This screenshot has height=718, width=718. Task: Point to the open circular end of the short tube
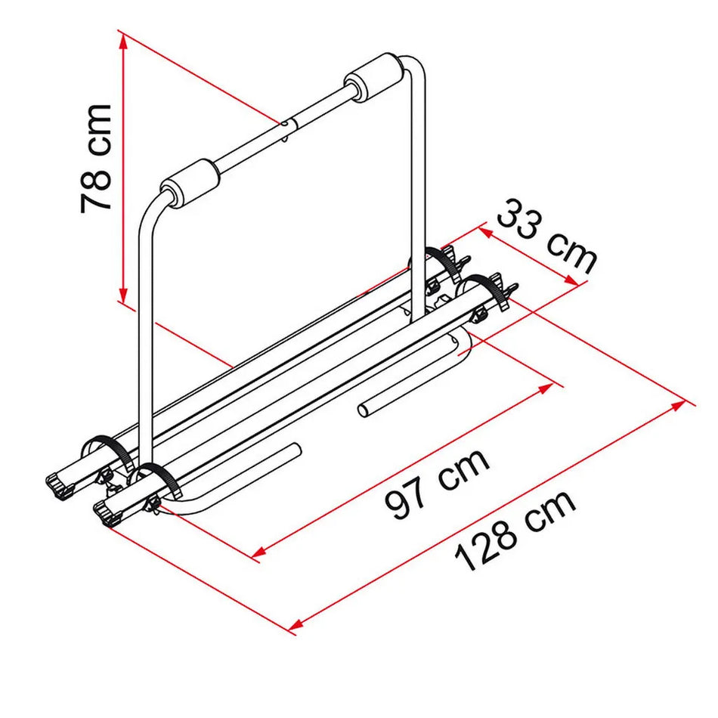click(364, 411)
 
